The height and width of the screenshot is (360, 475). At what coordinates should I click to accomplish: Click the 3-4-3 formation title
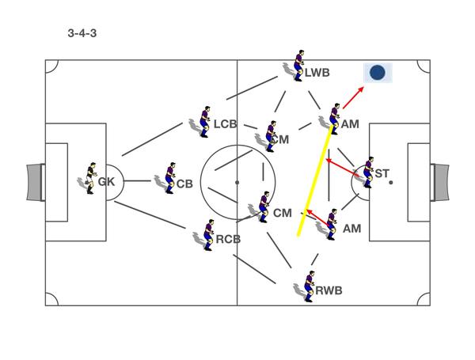[82, 34]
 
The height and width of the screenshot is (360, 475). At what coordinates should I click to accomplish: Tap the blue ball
[378, 73]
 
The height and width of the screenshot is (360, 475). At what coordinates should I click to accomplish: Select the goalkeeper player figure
[90, 178]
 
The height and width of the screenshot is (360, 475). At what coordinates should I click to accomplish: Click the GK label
[107, 182]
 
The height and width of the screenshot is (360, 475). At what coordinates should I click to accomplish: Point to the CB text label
[184, 184]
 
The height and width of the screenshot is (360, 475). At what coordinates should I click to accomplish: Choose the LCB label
[225, 124]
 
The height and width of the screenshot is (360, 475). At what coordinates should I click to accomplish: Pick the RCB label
[228, 239]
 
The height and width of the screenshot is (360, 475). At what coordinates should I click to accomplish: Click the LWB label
[317, 74]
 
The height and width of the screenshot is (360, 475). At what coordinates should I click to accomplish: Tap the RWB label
[329, 290]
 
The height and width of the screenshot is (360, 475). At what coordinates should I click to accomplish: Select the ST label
[382, 174]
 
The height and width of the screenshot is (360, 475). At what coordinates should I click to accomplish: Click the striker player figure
[368, 172]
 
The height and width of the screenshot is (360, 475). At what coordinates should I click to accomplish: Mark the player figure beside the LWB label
[298, 66]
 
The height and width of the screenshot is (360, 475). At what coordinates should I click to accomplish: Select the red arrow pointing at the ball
[353, 97]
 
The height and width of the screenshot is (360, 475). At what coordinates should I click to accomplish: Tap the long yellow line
[315, 180]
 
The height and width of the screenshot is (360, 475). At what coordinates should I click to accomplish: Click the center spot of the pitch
[237, 182]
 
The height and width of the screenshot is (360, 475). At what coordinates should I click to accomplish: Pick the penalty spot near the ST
[390, 182]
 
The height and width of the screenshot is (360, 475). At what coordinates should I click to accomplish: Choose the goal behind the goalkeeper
[35, 182]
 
